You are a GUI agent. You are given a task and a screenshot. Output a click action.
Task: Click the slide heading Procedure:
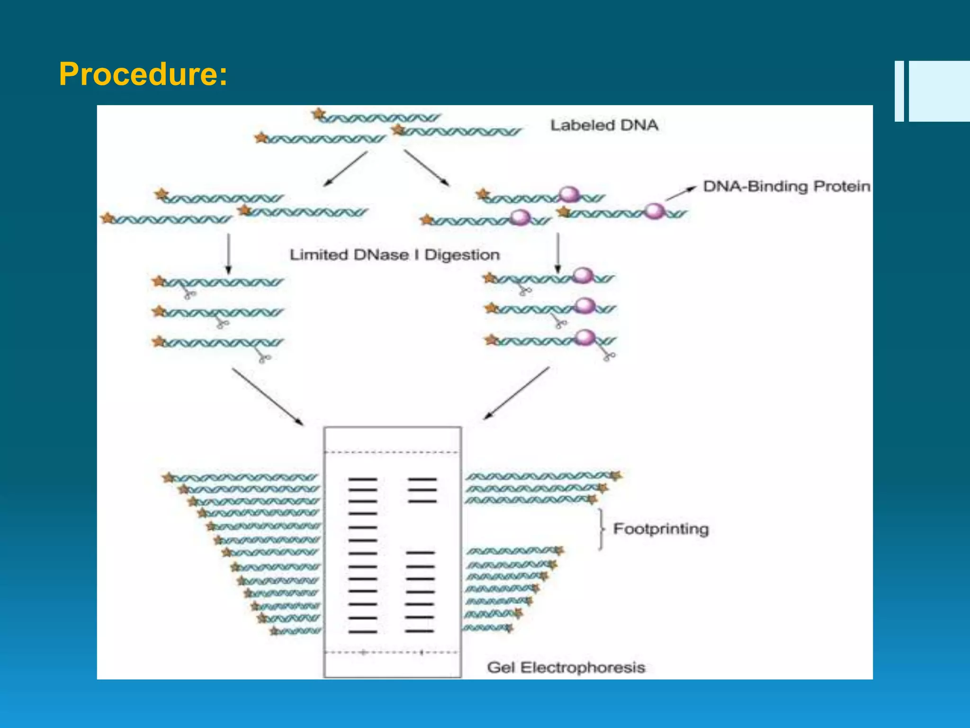(x=143, y=74)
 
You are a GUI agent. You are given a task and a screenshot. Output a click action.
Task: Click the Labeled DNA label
(x=604, y=125)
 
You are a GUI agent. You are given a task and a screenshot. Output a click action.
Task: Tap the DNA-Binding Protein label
(x=786, y=186)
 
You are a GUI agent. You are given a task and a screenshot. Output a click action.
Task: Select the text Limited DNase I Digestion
(x=395, y=255)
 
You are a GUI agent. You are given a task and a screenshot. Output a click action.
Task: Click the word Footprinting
(x=661, y=528)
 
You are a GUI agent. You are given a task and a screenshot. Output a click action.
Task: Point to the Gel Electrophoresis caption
(x=566, y=667)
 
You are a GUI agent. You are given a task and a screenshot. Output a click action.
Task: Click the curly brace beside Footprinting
(x=601, y=529)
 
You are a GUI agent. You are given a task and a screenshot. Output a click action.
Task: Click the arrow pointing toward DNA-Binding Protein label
(x=681, y=193)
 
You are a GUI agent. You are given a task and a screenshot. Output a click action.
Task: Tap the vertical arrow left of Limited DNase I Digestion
(x=229, y=254)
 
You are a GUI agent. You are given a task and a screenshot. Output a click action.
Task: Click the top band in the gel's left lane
(x=363, y=479)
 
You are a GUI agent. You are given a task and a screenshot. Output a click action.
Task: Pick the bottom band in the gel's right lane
(x=419, y=631)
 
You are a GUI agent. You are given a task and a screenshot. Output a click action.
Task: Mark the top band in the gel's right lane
(x=422, y=479)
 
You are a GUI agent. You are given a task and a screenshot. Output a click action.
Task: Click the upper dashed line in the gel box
(x=392, y=452)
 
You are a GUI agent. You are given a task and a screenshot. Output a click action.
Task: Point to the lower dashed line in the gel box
(x=392, y=653)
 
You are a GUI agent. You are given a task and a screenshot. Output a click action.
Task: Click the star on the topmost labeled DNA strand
(x=319, y=114)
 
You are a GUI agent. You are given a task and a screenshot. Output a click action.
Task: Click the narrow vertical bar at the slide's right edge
(x=899, y=91)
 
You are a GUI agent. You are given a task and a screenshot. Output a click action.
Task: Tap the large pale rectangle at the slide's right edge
(x=939, y=91)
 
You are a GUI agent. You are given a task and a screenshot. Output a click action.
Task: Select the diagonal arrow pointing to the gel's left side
(x=268, y=397)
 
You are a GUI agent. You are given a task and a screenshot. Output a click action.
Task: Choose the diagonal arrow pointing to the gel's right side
(x=516, y=393)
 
